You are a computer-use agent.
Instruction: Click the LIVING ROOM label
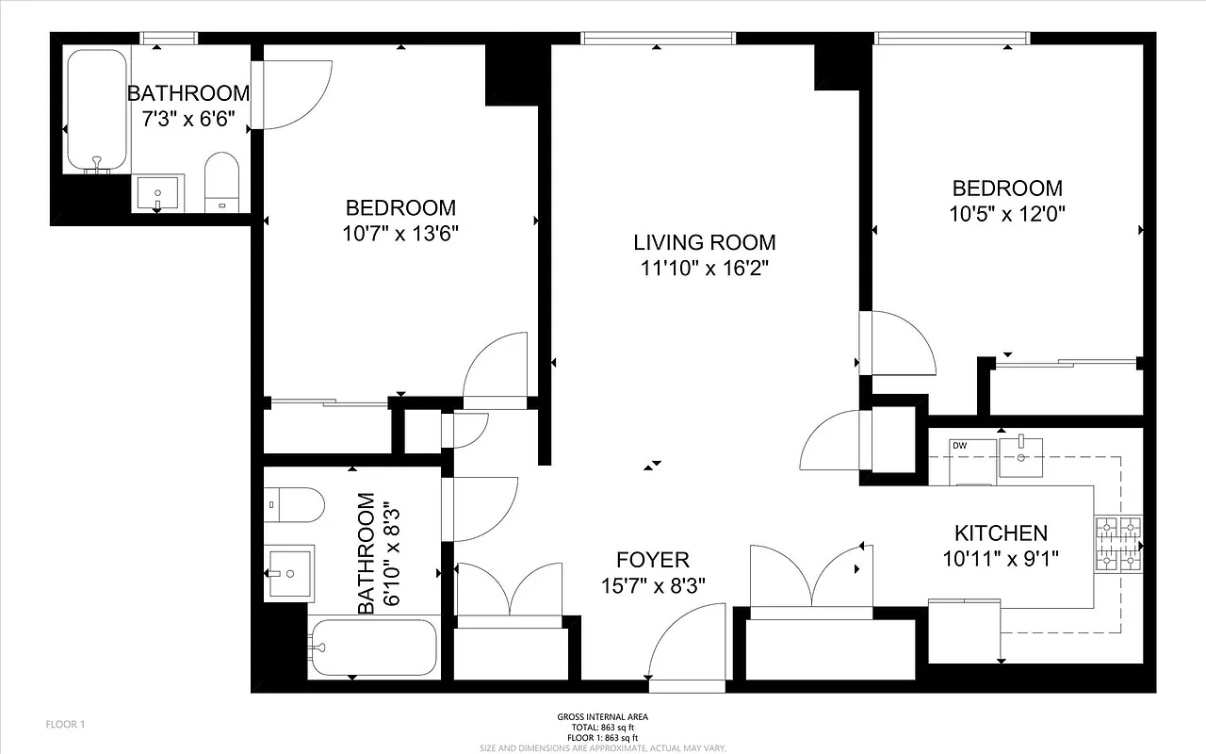(704, 242)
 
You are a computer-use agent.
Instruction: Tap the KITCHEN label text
(1001, 533)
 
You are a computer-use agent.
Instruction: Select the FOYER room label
(653, 560)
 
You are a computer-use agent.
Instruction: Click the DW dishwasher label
(959, 446)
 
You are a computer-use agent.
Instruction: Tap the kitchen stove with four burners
(1118, 545)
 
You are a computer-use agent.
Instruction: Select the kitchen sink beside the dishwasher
(1020, 456)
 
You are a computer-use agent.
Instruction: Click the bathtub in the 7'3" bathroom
(96, 111)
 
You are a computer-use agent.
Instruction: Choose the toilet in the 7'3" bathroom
(223, 183)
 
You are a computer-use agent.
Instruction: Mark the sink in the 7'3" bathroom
(157, 194)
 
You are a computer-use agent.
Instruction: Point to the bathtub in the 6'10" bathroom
(374, 647)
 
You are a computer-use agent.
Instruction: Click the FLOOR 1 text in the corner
(66, 725)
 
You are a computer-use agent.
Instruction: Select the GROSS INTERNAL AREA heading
(602, 717)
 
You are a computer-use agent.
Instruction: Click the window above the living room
(658, 38)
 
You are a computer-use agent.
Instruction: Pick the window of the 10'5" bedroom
(950, 38)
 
